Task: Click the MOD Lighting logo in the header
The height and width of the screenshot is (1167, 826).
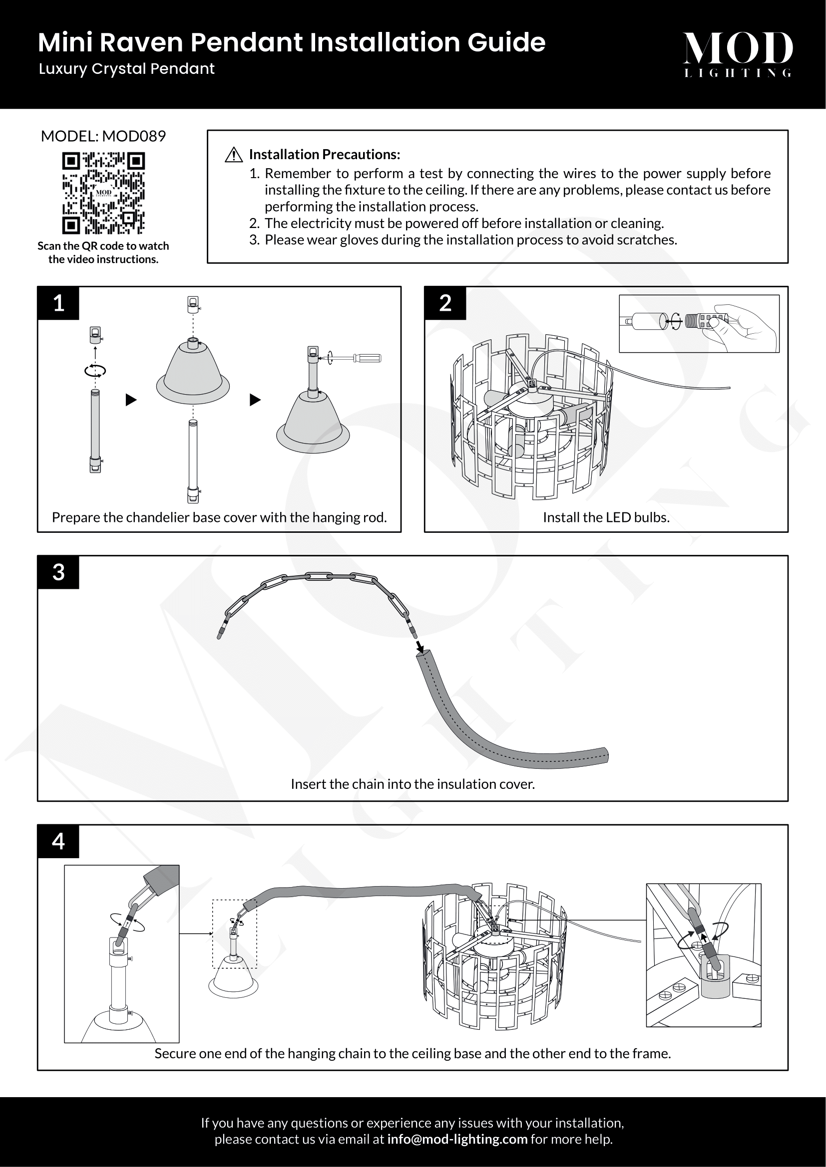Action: pyautogui.click(x=738, y=54)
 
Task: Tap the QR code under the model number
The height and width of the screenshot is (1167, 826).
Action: pyautogui.click(x=103, y=193)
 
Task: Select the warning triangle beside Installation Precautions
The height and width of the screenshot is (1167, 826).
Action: pyautogui.click(x=233, y=155)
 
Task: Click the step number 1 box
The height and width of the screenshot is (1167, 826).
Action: pyautogui.click(x=58, y=303)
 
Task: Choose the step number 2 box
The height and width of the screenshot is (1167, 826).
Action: pyautogui.click(x=445, y=303)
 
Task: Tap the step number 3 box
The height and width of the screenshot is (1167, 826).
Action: pyautogui.click(x=58, y=572)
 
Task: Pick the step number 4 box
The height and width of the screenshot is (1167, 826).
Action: pyautogui.click(x=58, y=841)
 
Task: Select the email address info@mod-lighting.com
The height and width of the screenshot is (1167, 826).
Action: pyautogui.click(x=457, y=1139)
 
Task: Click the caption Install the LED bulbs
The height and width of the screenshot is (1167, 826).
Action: pyautogui.click(x=606, y=517)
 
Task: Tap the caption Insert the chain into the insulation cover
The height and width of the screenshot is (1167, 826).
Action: pyautogui.click(x=413, y=784)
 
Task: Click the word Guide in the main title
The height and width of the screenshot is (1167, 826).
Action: pyautogui.click(x=506, y=42)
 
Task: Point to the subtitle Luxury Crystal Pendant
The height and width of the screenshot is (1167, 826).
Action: pyautogui.click(x=127, y=69)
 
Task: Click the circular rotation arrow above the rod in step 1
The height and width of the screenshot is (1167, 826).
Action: pyautogui.click(x=95, y=371)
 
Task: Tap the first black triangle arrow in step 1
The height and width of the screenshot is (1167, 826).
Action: pyautogui.click(x=131, y=400)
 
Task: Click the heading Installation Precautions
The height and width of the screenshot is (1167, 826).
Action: pyautogui.click(x=325, y=155)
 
